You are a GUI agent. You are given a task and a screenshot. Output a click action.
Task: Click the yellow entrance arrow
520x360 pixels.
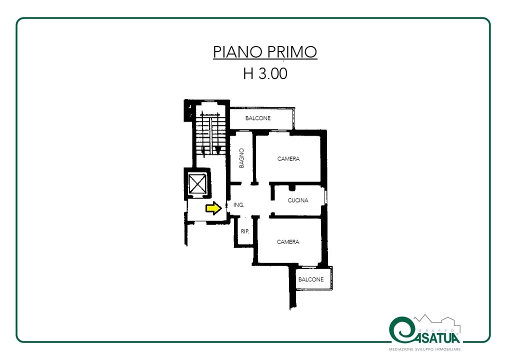tap(213, 208)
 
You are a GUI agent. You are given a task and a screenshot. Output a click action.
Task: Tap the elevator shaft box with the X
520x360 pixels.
tap(197, 183)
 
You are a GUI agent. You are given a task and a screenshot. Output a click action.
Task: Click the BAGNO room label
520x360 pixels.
tap(241, 158)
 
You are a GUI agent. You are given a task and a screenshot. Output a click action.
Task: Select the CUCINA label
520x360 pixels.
tap(298, 200)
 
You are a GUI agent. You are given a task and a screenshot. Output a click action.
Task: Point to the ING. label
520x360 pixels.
tap(239, 205)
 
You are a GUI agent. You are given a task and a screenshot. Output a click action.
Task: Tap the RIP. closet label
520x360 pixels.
tap(244, 231)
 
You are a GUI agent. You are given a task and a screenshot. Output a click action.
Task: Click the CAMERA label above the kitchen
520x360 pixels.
tap(288, 159)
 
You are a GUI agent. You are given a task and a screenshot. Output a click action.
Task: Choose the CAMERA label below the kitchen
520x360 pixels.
tap(288, 242)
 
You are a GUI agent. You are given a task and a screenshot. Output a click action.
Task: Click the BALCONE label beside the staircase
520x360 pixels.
tap(258, 118)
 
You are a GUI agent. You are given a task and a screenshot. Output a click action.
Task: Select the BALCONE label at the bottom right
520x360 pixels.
tap(310, 279)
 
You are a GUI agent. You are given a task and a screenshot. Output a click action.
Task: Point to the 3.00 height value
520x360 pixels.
tap(272, 73)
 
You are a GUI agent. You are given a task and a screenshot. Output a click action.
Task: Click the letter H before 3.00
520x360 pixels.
tap(248, 73)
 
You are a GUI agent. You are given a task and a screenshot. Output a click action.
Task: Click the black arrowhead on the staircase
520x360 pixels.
tap(217, 150)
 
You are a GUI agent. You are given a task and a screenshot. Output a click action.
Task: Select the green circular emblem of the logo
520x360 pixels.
tap(401, 329)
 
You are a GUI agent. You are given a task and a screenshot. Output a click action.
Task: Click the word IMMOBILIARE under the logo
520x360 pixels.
tap(447, 349)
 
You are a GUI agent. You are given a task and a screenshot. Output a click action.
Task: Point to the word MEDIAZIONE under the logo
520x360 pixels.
tap(401, 349)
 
